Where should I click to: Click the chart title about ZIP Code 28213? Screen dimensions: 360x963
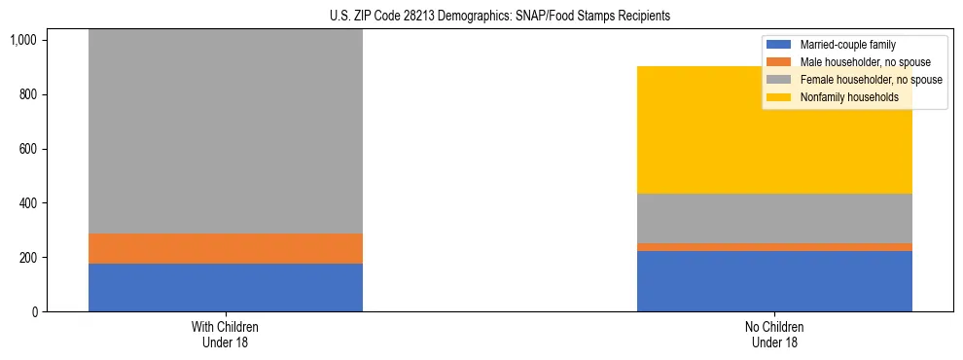coord(481,17)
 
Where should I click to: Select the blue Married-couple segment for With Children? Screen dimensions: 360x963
coord(226,287)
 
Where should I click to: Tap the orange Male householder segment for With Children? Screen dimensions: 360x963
coord(226,248)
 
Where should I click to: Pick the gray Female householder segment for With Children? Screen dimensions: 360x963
coord(226,131)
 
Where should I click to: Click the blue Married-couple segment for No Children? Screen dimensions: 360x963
coord(774,281)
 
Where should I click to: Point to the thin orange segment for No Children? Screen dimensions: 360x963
coord(774,247)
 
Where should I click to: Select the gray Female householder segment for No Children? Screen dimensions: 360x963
coord(774,219)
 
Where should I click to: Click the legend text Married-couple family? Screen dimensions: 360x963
coord(846,45)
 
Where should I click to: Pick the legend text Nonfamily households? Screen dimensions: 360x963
coord(842,97)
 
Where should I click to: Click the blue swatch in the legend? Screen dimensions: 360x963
coord(780,45)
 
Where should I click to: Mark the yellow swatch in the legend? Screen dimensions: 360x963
coord(780,97)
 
